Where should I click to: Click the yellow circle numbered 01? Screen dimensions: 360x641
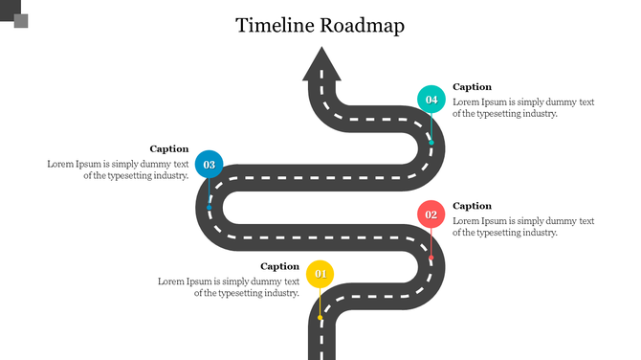click(x=320, y=275)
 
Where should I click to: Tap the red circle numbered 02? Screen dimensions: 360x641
click(x=431, y=214)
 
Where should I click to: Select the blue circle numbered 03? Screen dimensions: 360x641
click(x=210, y=165)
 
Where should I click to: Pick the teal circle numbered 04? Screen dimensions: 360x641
click(x=431, y=100)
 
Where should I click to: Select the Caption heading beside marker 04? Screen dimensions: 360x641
click(x=472, y=87)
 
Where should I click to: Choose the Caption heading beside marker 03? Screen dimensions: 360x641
click(x=169, y=148)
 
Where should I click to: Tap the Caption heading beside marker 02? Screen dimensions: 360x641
click(x=472, y=206)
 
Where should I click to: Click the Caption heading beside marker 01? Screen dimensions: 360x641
click(x=280, y=266)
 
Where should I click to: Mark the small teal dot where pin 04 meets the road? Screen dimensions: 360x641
click(x=431, y=143)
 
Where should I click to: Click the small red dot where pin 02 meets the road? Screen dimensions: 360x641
click(x=431, y=258)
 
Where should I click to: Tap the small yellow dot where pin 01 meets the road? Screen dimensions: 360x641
click(x=320, y=317)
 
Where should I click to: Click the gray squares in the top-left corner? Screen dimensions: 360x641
click(x=15, y=14)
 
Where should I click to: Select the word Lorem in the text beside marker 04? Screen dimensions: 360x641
click(x=466, y=101)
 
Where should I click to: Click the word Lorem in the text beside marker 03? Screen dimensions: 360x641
click(x=60, y=164)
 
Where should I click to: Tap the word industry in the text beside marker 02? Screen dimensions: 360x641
click(x=538, y=232)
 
